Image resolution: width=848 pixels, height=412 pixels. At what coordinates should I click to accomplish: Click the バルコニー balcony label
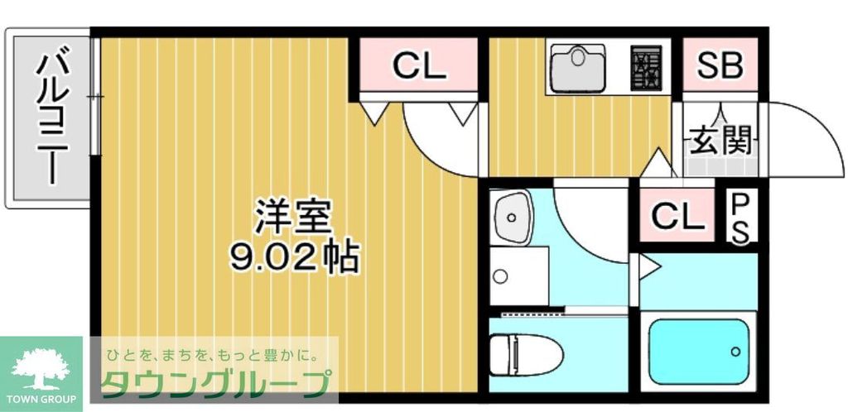pyautogui.click(x=51, y=117)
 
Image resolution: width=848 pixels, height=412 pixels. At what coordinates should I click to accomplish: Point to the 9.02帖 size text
pyautogui.click(x=294, y=258)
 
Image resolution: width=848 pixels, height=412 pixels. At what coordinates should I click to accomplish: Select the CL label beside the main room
pyautogui.click(x=418, y=67)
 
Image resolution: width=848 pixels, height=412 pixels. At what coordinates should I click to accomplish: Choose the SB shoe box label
pyautogui.click(x=719, y=67)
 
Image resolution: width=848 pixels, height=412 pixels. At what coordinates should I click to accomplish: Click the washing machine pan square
pyautogui.click(x=518, y=275)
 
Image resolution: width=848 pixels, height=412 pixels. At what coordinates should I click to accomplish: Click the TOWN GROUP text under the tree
pyautogui.click(x=41, y=400)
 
